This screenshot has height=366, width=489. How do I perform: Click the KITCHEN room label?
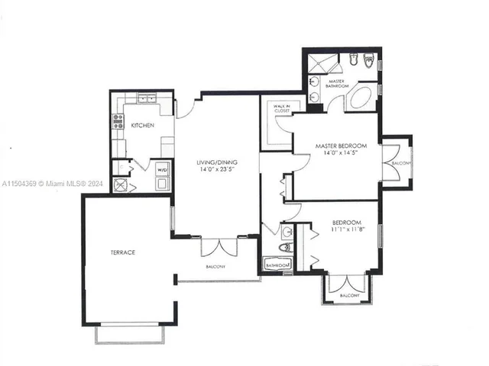click(143, 125)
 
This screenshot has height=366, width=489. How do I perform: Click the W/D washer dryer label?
click(162, 170)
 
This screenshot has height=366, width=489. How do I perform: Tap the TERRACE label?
click(122, 252)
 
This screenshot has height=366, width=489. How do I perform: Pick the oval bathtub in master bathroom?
click(361, 98)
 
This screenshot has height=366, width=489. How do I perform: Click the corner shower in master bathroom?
click(316, 62)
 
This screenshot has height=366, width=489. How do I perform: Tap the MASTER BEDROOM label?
click(342, 146)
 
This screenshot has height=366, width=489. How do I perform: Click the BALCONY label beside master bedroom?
click(401, 163)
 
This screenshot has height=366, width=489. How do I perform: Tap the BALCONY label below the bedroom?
click(349, 294)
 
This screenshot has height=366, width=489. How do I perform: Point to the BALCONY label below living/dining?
click(215, 266)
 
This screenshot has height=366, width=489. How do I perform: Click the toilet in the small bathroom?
click(286, 247)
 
